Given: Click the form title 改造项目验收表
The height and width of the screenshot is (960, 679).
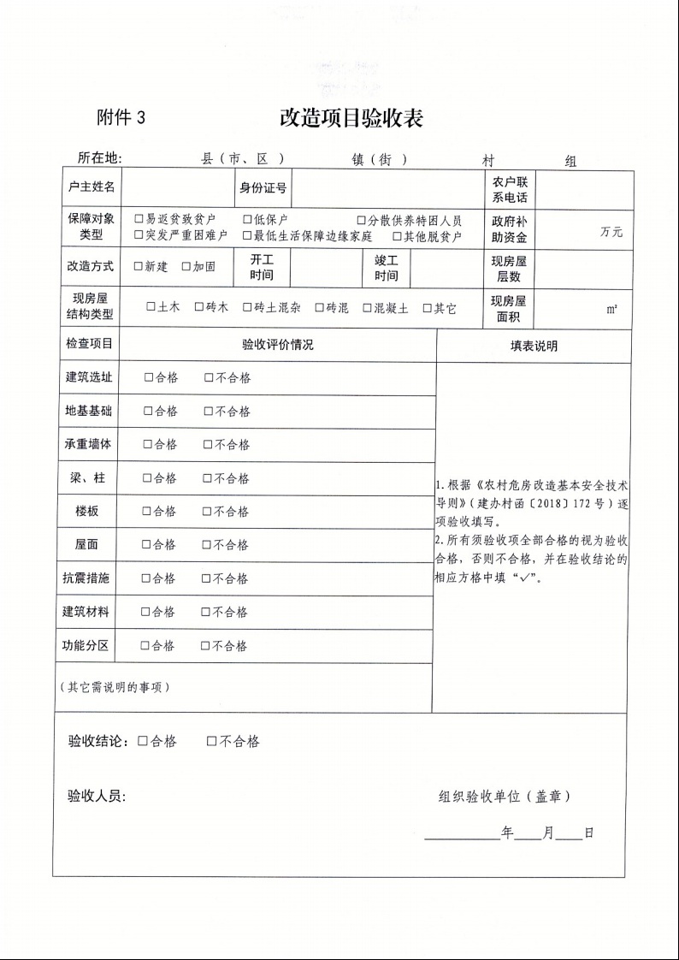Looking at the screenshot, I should (351, 118).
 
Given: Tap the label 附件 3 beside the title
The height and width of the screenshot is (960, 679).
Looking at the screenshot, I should (121, 118).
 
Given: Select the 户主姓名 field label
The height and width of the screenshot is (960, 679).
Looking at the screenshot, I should (91, 187).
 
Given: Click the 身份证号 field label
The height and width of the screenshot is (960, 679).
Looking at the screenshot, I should (263, 187).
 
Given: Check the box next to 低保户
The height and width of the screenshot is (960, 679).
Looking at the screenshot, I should (247, 220).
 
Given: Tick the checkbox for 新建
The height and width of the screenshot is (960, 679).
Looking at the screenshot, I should (139, 266).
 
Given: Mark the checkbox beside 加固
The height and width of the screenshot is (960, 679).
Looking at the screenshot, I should (186, 266).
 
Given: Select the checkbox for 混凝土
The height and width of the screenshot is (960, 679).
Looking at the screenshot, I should (368, 308).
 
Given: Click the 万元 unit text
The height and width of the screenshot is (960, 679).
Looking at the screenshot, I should (611, 232).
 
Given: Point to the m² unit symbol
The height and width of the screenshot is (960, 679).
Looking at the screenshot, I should (612, 310).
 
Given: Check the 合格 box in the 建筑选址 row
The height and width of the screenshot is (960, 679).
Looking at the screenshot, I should (149, 377).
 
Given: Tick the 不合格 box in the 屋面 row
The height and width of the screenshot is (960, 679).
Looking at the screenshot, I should (207, 544).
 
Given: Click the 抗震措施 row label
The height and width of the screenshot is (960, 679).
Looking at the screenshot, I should (86, 578).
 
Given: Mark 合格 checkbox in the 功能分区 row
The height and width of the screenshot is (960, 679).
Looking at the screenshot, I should (145, 646).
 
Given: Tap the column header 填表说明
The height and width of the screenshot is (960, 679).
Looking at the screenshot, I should (534, 346).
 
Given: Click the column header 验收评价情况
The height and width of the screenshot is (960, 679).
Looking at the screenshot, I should (278, 345).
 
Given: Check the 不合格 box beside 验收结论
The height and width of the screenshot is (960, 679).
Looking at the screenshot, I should (211, 742).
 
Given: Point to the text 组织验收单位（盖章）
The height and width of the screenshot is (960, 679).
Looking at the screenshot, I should (505, 797).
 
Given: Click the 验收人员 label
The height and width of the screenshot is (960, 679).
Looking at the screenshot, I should (97, 797).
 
